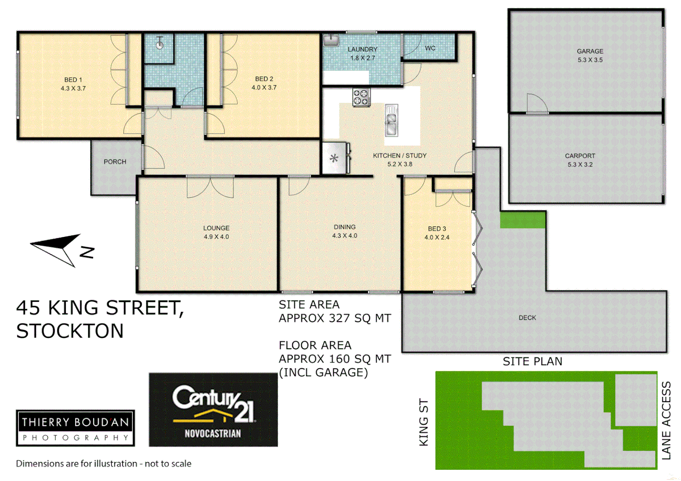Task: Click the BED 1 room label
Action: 73,80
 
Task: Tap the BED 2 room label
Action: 264,79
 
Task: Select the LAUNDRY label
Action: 362,49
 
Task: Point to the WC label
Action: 430,48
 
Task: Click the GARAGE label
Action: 590,51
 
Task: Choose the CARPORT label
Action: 580,156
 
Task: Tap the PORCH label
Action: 115,162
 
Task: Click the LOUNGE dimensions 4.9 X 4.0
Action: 216,237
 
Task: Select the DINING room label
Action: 345,227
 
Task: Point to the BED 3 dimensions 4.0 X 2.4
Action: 437,237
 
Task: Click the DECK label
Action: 527,318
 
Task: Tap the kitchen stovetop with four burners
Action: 361,98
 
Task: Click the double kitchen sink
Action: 391,120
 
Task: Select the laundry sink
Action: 331,41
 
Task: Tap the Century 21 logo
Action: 213,410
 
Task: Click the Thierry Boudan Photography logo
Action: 75,428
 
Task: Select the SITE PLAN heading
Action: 532,362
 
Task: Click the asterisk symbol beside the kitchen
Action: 334,158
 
